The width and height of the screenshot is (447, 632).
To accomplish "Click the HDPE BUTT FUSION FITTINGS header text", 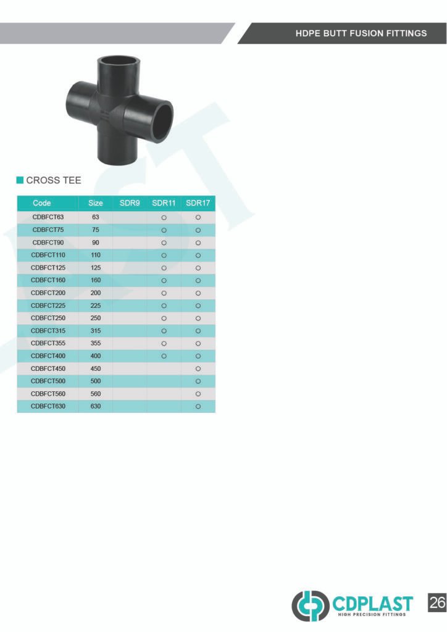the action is click(x=361, y=33).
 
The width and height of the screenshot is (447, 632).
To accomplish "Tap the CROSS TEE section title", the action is click(x=54, y=180).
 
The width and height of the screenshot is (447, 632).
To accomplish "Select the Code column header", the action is click(x=42, y=203).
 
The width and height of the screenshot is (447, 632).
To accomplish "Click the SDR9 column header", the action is click(x=130, y=203).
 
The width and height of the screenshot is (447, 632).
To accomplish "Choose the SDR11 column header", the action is click(x=164, y=203).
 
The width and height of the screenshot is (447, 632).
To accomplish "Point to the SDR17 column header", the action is click(x=198, y=203).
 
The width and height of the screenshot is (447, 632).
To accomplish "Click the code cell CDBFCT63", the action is click(x=48, y=217).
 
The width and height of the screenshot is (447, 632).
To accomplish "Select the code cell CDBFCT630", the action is click(x=48, y=406).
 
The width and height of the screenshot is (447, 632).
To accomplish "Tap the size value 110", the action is click(x=96, y=255).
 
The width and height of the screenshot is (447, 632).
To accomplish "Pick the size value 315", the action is click(x=96, y=331).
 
